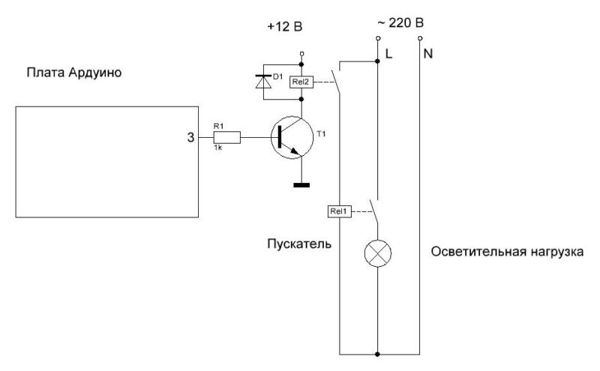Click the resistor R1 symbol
tap(228, 137)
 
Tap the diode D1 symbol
tap(263, 83)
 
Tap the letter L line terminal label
tap(388, 53)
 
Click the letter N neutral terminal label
tap(427, 53)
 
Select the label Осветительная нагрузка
tap(507, 253)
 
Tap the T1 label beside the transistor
tap(322, 133)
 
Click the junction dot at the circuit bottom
tap(377, 352)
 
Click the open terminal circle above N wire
tap(420, 38)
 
